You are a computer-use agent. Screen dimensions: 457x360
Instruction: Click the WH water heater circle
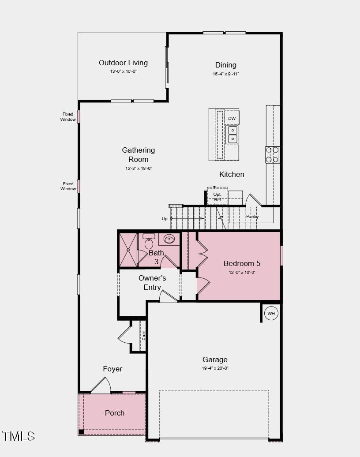271,314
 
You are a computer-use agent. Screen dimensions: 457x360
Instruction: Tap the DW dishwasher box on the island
232,119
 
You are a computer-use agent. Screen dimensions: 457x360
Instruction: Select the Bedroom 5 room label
242,263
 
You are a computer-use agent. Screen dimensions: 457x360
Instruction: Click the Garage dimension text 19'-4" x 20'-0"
215,368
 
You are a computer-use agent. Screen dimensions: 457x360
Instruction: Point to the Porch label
115,413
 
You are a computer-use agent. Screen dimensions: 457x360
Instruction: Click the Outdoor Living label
123,63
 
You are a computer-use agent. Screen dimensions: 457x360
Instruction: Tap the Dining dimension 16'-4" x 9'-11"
225,74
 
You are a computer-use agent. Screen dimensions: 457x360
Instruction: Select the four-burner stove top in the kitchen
272,154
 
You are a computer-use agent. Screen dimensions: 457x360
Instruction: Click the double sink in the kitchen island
232,135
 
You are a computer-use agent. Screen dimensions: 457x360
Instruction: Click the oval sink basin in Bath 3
169,239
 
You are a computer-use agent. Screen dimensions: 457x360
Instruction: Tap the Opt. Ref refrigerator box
217,197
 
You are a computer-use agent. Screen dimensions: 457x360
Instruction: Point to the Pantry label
252,217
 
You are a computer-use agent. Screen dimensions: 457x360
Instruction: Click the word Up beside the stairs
165,218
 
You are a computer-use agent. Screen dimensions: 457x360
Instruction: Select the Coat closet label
144,335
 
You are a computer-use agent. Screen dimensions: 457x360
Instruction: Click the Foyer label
112,369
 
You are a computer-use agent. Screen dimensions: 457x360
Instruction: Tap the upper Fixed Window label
68,116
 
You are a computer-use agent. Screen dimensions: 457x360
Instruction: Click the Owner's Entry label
152,282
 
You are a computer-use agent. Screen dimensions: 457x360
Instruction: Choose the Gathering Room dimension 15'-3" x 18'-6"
138,168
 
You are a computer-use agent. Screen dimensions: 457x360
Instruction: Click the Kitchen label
232,174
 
